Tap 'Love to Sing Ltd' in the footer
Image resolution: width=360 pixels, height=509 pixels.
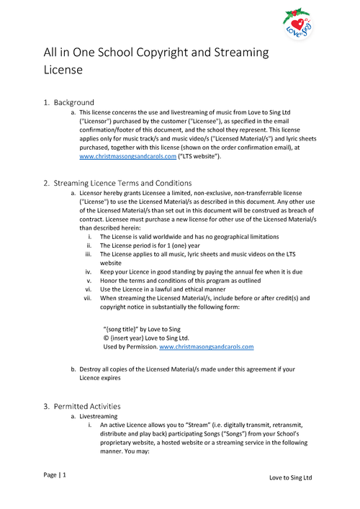[290, 478]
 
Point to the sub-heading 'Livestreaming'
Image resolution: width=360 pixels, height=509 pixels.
[98, 417]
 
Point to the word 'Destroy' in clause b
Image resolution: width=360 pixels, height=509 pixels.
[93, 369]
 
